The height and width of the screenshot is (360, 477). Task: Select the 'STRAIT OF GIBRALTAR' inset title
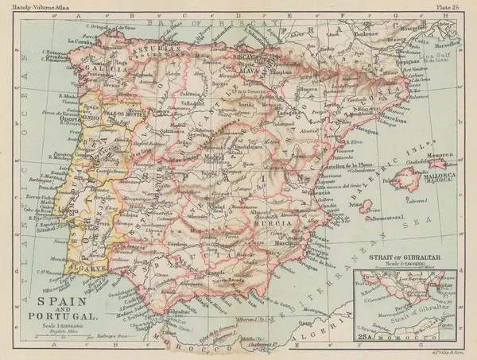(406, 258)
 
